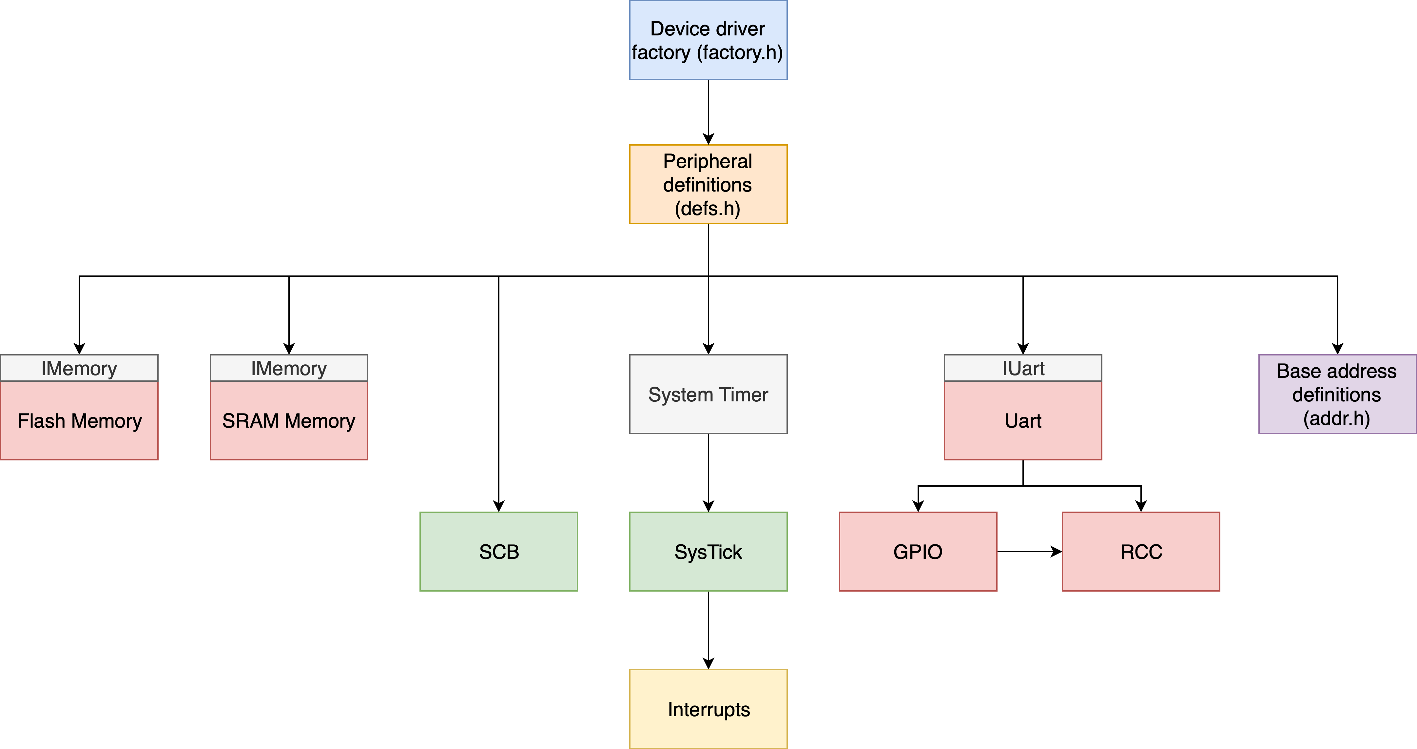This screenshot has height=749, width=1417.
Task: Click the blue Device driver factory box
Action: [x=708, y=40]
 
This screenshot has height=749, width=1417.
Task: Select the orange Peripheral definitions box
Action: [x=708, y=184]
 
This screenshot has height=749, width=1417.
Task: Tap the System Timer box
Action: [x=708, y=395]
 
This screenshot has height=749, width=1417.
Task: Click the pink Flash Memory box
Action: [x=79, y=421]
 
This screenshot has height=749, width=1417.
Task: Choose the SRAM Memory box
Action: [x=289, y=421]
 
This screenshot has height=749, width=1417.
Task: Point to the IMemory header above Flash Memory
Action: [x=79, y=368]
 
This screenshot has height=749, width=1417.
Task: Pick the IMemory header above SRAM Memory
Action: [x=289, y=368]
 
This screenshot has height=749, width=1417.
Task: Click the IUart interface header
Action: [x=1022, y=368]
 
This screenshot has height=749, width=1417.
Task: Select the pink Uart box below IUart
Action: [x=1022, y=421]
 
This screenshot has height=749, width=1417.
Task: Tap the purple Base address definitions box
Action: [x=1337, y=395]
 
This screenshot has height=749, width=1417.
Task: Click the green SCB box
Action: [x=498, y=552]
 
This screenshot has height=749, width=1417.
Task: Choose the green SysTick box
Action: [x=708, y=552]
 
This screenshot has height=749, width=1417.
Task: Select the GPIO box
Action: [x=918, y=552]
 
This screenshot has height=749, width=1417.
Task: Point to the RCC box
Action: [x=1141, y=552]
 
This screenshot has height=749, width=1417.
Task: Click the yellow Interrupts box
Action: [x=708, y=709]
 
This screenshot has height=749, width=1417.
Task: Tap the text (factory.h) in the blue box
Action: [x=740, y=53]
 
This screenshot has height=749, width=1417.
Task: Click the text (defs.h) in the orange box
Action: [x=708, y=209]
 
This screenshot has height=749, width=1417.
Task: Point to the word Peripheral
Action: [x=708, y=161]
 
